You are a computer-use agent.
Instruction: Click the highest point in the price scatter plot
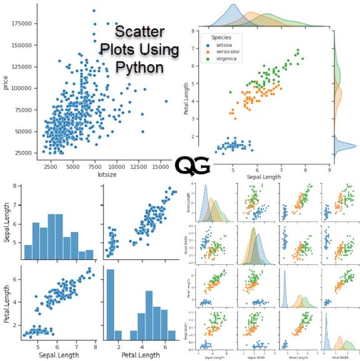coord(94,11)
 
